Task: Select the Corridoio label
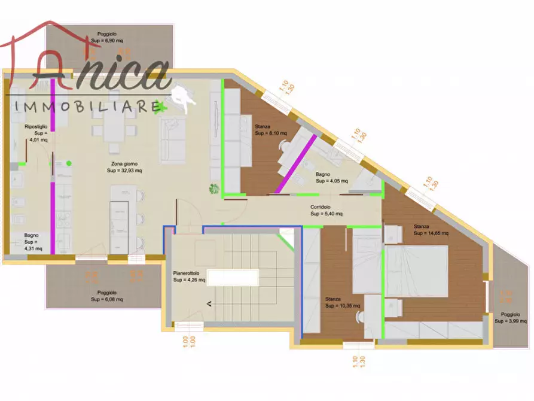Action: (326, 210)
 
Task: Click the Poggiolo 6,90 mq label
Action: (111, 37)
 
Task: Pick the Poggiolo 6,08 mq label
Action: (107, 295)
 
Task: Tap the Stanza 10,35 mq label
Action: (343, 302)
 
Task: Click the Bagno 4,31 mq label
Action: (33, 242)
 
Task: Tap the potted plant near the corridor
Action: (213, 189)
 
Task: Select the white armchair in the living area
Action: (183, 96)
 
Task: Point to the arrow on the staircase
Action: (209, 304)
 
